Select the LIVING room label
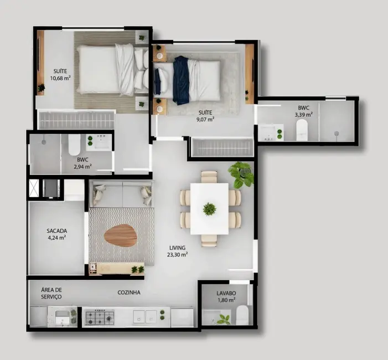[x=178, y=248]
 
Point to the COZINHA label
[x=129, y=292]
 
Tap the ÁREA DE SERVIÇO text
[x=51, y=294]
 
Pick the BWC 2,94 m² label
[x=84, y=162]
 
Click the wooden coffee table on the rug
[x=120, y=235]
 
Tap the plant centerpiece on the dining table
[x=209, y=209]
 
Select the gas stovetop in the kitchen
[x=99, y=317]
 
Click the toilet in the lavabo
[x=242, y=316]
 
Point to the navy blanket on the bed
[x=180, y=80]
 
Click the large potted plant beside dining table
[x=241, y=174]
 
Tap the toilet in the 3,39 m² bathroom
[x=302, y=131]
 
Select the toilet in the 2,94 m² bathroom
[x=74, y=145]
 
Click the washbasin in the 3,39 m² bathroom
[x=270, y=132]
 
